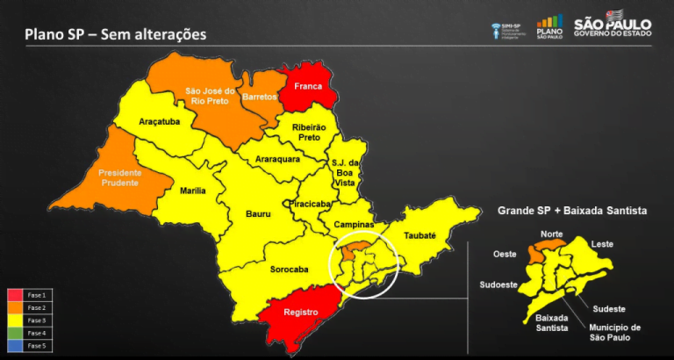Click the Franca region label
(308, 87)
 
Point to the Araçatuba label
(160, 123)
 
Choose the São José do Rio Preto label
(211, 95)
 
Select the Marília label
(191, 191)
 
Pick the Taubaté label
(419, 235)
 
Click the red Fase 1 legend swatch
(16, 295)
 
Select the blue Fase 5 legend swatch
(16, 346)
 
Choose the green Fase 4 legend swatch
(16, 334)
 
